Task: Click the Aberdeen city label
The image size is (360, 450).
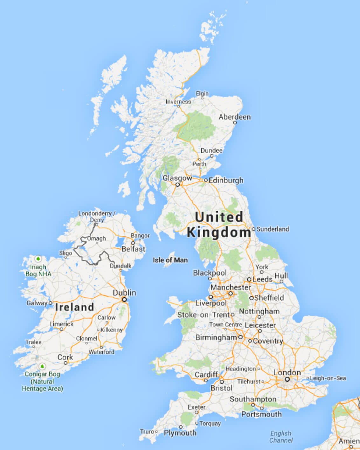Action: [234, 117]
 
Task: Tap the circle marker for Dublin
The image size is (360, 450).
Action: [124, 299]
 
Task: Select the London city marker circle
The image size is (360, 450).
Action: [287, 379]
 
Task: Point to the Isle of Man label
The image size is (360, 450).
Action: [170, 260]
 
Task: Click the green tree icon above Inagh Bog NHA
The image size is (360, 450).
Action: [38, 259]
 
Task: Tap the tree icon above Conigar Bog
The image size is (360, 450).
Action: [42, 367]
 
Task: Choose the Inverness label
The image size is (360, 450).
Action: [178, 102]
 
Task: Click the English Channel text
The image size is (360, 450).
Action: [281, 437]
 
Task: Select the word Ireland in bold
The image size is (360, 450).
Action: [74, 307]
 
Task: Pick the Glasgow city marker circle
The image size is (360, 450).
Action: [177, 184]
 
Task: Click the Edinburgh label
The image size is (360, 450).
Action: [226, 180]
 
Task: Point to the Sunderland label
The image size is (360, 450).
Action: [273, 229]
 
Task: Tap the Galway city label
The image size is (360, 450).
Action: [37, 303]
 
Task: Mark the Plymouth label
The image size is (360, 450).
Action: [180, 433]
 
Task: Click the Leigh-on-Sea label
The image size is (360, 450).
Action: [328, 378]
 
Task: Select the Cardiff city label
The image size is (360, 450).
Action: [206, 375]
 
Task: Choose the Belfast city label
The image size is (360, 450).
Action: [133, 249]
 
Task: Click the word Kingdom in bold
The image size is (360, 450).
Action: [219, 232]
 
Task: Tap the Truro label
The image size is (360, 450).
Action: [147, 432]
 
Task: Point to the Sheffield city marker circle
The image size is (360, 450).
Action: [251, 298]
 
